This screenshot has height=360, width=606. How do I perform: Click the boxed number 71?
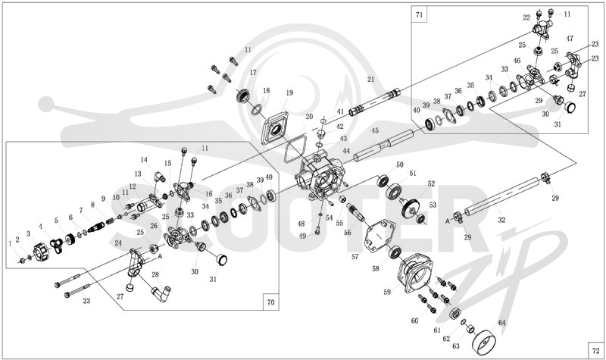coord(420,15)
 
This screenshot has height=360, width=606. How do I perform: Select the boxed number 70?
coord(271,302)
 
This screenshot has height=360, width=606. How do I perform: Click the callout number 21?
coord(371,80)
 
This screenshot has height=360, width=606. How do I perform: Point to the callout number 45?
coord(375,130)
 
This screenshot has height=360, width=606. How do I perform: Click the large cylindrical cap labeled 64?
coord(485,343)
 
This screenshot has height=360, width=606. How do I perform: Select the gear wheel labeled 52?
coord(410,210)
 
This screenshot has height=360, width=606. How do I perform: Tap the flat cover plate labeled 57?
coord(380,236)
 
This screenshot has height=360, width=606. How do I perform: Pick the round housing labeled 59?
coord(417,273)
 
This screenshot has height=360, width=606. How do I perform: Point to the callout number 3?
coord(28,234)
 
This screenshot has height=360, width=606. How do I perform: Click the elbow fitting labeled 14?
coord(160,177)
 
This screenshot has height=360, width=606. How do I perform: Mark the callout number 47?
coord(570,39)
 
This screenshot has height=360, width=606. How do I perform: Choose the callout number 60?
coord(414,321)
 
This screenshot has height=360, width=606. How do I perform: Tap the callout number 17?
coord(253,72)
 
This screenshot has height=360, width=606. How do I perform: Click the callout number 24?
coord(118,243)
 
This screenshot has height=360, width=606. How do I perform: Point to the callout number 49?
coord(302,236)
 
